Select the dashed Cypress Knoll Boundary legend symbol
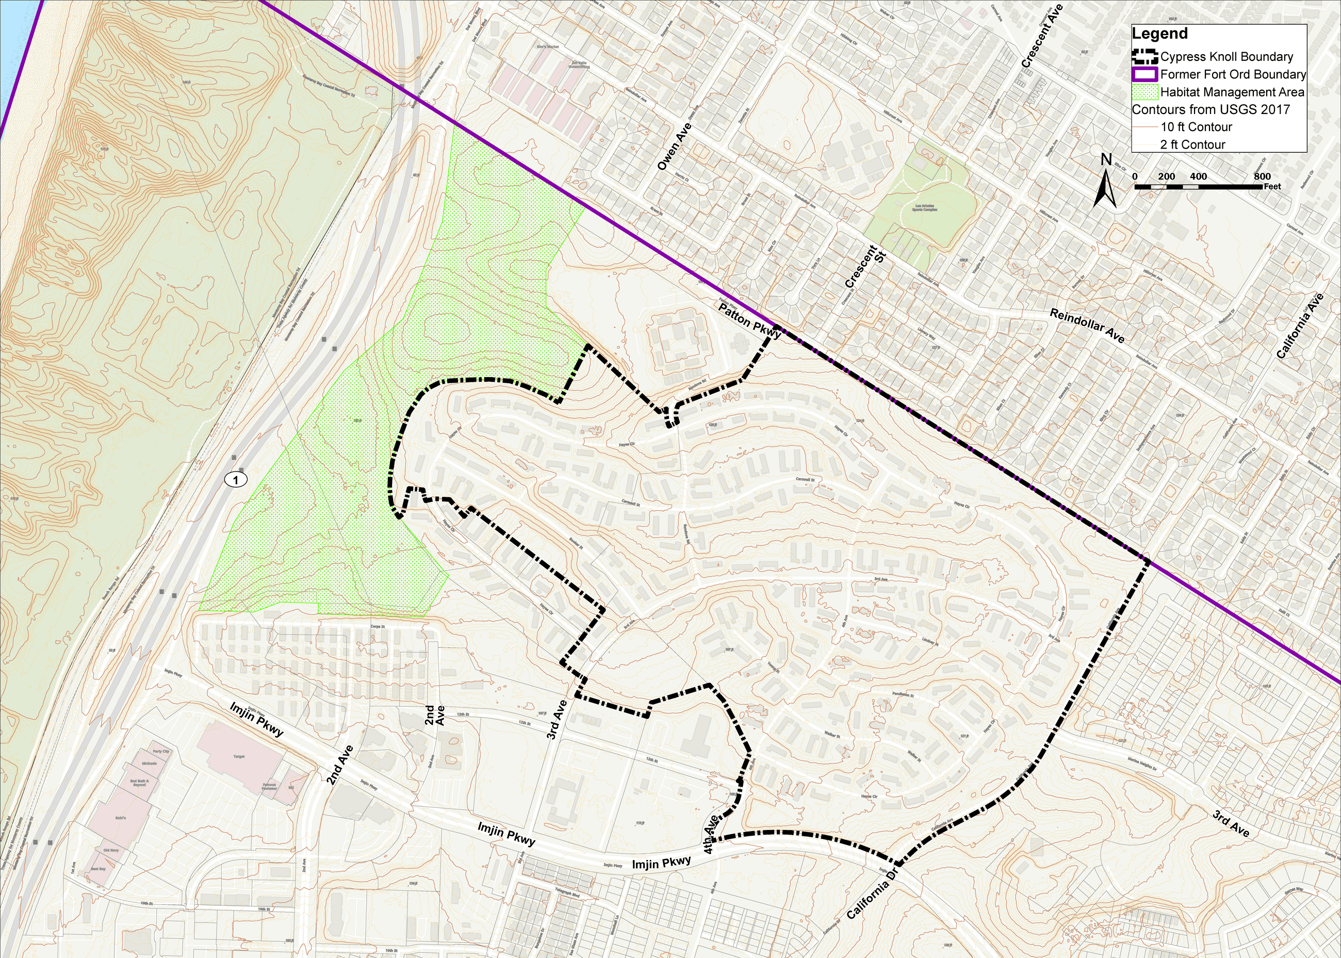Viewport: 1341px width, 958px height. pyautogui.click(x=1144, y=57)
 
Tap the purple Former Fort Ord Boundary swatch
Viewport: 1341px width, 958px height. pyautogui.click(x=1144, y=75)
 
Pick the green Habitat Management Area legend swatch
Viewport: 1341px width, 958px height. pyautogui.click(x=1144, y=92)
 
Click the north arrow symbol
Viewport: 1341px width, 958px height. pyautogui.click(x=1105, y=182)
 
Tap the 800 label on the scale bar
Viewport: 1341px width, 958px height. pyautogui.click(x=1262, y=176)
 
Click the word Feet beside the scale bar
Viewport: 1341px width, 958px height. pyautogui.click(x=1272, y=186)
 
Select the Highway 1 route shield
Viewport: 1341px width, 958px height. pyautogui.click(x=236, y=480)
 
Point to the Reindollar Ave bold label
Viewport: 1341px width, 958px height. pyautogui.click(x=1087, y=326)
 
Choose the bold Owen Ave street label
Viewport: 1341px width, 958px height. pyautogui.click(x=674, y=147)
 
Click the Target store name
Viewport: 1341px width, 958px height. pyautogui.click(x=239, y=756)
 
